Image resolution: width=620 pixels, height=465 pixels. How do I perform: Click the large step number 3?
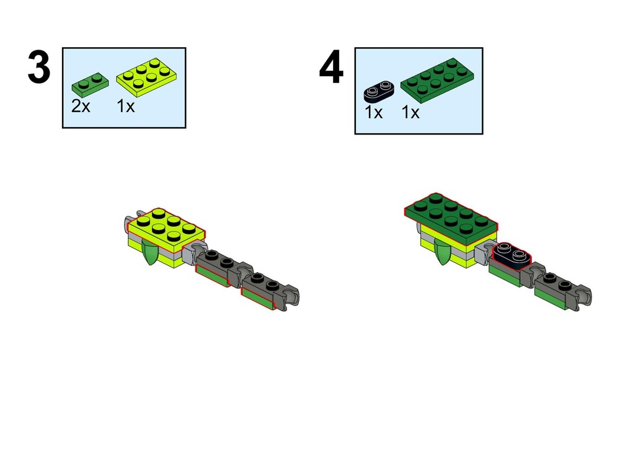click(x=38, y=67)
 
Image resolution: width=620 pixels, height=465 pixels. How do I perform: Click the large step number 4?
click(x=331, y=67)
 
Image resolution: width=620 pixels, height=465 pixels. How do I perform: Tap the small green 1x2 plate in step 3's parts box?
click(x=90, y=85)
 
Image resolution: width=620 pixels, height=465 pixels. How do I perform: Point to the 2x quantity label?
click(x=81, y=106)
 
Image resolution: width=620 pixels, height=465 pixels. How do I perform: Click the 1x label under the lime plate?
click(x=126, y=106)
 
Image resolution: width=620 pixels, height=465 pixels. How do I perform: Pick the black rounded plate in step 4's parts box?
click(x=379, y=90)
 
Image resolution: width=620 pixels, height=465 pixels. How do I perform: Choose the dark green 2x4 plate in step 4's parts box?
click(x=437, y=80)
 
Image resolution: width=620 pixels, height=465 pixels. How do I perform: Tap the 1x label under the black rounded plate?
click(x=373, y=112)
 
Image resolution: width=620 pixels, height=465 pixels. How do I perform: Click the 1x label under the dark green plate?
click(x=410, y=112)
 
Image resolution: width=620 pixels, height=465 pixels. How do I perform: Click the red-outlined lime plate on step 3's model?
click(x=166, y=229)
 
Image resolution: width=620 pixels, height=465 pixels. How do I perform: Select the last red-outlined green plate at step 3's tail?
click(x=257, y=299)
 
